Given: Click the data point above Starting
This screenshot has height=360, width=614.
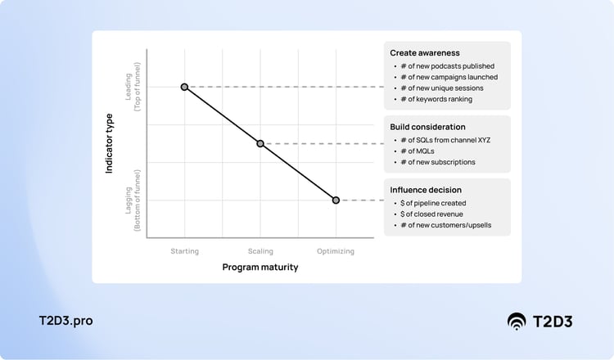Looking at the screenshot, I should (x=184, y=87).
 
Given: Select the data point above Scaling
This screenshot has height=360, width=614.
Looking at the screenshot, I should (x=260, y=143).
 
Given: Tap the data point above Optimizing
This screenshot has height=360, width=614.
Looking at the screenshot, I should (x=336, y=200).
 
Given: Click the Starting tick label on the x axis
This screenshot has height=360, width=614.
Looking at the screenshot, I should (x=184, y=251).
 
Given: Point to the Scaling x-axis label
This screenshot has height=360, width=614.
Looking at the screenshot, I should (x=260, y=251).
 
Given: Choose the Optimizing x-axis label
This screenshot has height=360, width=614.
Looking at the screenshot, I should (x=336, y=251).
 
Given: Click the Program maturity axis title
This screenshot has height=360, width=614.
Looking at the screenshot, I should (x=260, y=267).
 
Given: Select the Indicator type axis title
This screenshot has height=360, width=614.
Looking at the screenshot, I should (x=110, y=143).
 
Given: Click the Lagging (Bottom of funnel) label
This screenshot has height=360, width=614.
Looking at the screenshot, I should (x=133, y=200).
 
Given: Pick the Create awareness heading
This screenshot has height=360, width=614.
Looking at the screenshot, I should (x=425, y=52).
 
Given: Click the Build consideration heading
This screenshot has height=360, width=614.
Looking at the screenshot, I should (x=427, y=127).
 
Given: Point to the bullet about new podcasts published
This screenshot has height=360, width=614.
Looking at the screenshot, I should (x=447, y=66).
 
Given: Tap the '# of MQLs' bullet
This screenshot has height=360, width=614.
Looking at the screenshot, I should (x=418, y=151).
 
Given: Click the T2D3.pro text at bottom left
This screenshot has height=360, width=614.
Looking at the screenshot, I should (x=65, y=321).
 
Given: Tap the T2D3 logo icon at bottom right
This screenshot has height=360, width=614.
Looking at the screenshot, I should (x=517, y=321).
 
